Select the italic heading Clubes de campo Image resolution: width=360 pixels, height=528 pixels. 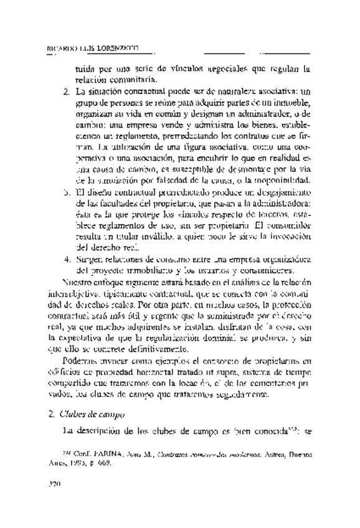tap(94, 414)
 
